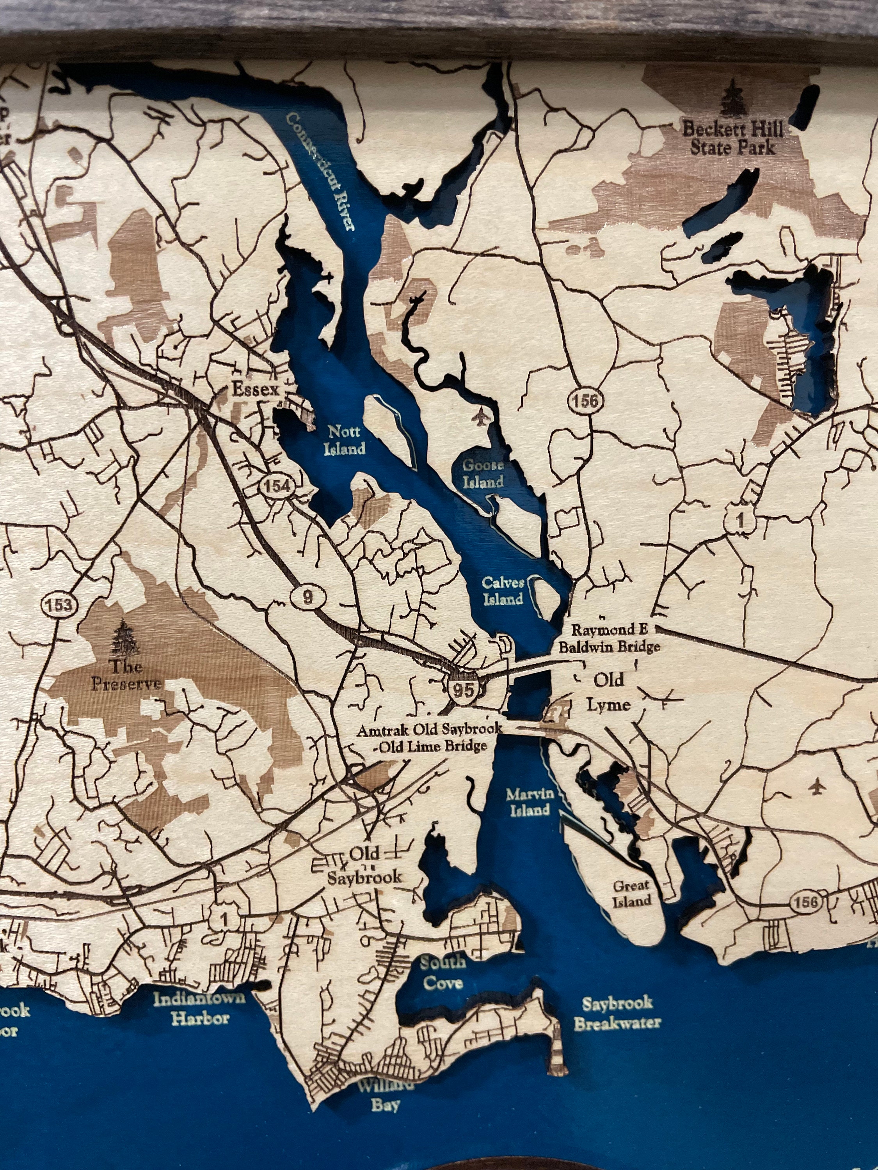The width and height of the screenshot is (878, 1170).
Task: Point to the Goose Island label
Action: pos(483,473)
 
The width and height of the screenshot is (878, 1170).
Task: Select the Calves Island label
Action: pos(502,591)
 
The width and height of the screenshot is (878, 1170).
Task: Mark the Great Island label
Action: pos(631,893)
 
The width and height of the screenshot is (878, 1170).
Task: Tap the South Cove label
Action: pos(443,972)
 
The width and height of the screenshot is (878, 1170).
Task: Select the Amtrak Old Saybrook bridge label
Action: pos(429,738)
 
